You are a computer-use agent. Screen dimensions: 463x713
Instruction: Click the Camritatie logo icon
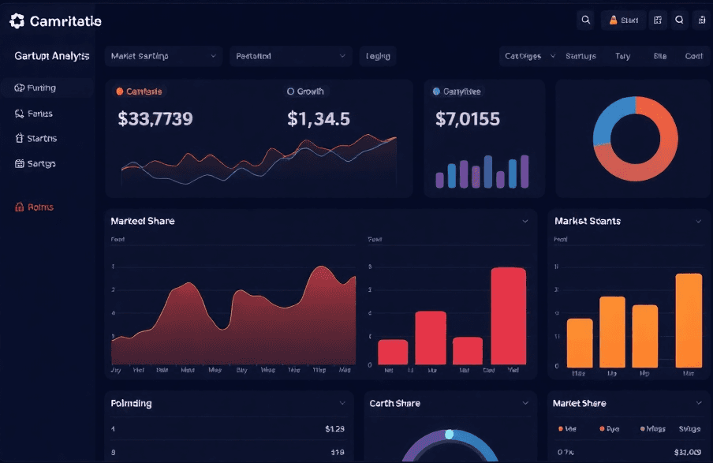point(17,21)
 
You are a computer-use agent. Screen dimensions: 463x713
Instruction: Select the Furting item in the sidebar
point(35,88)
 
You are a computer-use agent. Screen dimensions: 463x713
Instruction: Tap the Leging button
point(378,56)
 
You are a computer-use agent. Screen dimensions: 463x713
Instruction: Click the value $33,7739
point(155,119)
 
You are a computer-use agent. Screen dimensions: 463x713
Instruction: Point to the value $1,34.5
point(319,119)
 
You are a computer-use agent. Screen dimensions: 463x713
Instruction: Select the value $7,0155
point(468,119)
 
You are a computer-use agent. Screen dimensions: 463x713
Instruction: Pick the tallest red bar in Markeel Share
point(508,316)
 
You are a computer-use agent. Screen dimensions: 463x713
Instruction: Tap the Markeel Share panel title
point(143,221)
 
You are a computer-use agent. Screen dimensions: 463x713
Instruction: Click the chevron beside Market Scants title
point(698,222)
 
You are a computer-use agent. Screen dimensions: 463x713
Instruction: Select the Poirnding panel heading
point(131,403)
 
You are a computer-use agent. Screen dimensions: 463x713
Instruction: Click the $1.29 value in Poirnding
point(334,429)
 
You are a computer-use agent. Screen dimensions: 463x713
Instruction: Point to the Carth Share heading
point(394,403)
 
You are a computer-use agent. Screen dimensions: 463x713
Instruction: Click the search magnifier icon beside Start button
point(585,21)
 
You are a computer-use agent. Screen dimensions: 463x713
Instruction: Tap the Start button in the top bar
point(623,21)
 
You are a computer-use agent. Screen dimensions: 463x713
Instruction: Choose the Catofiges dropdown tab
point(529,56)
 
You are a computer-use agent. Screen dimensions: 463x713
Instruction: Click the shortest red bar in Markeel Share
point(468,350)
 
